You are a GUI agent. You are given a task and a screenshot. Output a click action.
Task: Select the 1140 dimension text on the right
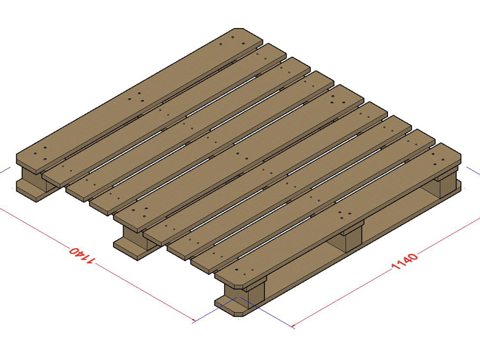(405, 261)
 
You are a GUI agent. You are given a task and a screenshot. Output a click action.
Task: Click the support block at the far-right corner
(448, 186)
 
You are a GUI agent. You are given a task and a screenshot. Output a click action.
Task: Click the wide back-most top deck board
(140, 101)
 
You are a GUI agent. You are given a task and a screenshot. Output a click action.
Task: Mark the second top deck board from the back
(164, 115)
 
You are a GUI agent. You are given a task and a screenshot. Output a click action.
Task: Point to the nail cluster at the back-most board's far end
(232, 40)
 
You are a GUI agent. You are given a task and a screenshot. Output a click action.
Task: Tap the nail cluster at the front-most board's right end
(438, 157)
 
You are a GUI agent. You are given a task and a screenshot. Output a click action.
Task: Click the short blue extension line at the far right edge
(473, 171)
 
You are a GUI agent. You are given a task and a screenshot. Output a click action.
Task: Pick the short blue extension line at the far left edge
(5, 171)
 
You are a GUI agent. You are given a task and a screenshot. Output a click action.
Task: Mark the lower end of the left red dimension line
(194, 322)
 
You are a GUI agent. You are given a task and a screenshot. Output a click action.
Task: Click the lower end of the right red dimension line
(293, 326)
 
